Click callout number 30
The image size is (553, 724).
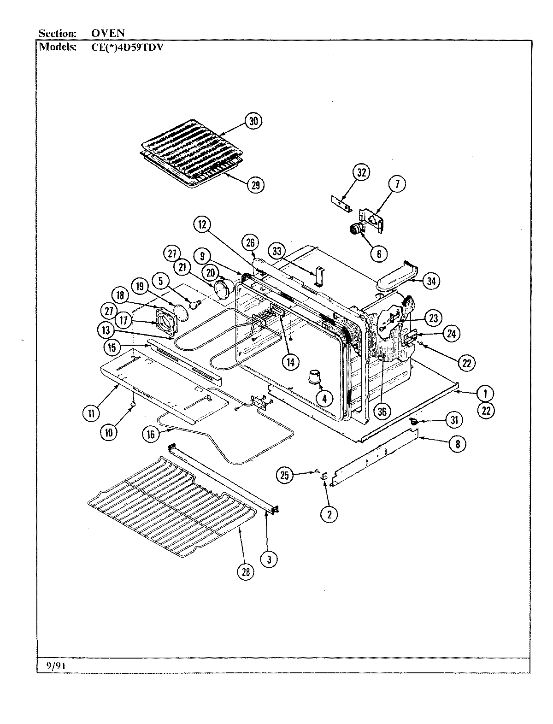[x=253, y=121]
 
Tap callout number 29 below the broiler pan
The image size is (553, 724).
[x=255, y=185]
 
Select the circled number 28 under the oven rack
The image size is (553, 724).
[x=245, y=572]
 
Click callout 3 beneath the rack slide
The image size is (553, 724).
[x=269, y=559]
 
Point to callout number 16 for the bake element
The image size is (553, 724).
[x=151, y=434]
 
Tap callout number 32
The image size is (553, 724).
[x=362, y=173]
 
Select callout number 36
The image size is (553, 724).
[x=382, y=412]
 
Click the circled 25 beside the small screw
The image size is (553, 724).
[x=285, y=475]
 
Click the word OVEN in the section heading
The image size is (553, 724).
[x=107, y=33]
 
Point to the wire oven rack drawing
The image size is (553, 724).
[x=171, y=505]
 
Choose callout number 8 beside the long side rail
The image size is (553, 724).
[x=457, y=443]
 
